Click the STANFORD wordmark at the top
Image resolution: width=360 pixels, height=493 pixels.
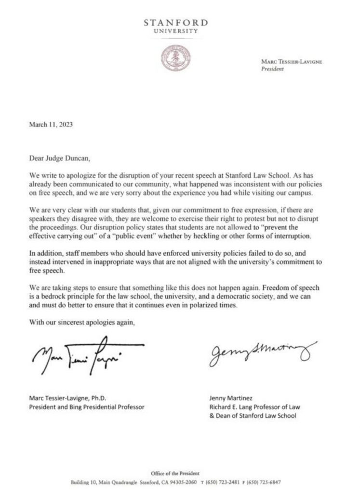(x=176, y=23)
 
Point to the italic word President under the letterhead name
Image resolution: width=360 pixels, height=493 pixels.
(x=272, y=69)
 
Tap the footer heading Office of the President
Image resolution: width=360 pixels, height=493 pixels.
(x=176, y=474)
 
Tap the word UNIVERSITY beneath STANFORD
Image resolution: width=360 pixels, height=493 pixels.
(x=175, y=31)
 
